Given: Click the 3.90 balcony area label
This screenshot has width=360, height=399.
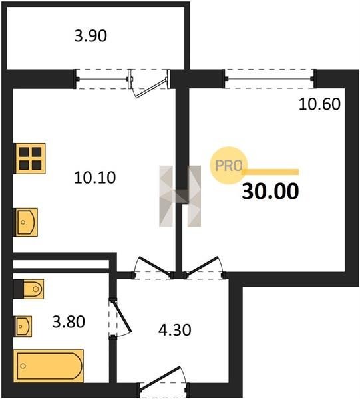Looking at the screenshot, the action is tap(90, 36).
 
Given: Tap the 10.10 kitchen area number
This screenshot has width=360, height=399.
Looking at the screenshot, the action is tap(94, 178).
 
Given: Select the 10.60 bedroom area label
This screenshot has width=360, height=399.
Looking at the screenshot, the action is tap(319, 104).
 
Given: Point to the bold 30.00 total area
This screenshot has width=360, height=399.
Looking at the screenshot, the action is tap(270, 191).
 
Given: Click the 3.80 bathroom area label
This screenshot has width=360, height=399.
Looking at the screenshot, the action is tap(69, 321).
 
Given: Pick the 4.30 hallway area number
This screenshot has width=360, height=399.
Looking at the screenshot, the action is tap(174, 330).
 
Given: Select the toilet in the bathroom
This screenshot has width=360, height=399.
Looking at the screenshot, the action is tap(29, 289).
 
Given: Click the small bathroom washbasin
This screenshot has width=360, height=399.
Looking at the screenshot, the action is tap(24, 327).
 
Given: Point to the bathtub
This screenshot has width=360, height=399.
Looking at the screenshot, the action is tap(49, 366).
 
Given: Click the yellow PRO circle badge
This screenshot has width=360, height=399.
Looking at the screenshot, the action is tap(229, 166).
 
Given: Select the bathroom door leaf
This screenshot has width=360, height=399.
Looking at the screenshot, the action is tap(122, 317).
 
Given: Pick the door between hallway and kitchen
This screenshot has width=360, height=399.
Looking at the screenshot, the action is tap(154, 267).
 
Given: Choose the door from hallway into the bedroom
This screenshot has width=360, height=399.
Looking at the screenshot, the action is tap(204, 267).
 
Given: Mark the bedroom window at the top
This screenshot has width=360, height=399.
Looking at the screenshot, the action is tap(270, 79).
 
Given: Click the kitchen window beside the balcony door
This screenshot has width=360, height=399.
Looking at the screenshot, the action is tap(102, 79).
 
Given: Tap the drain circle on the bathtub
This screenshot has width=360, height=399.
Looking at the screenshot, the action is tap(23, 366).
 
